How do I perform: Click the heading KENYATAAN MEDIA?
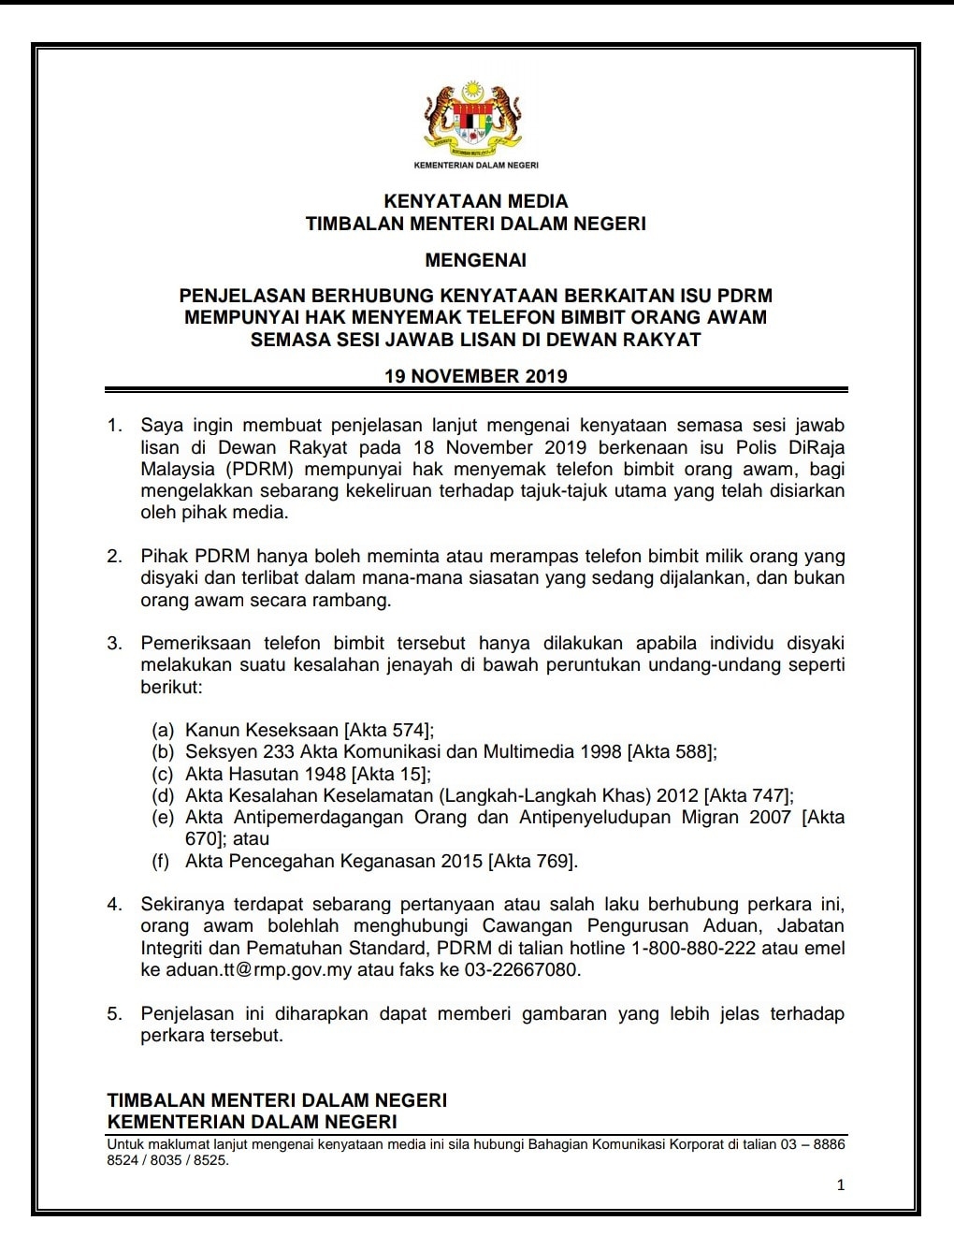point(476,201)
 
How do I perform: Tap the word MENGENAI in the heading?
point(476,259)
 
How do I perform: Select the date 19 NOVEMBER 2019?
point(476,376)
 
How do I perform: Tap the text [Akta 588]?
point(672,751)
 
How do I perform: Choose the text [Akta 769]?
point(532,861)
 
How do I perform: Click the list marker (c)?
point(163,774)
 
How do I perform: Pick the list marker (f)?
point(161,861)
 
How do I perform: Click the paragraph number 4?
point(114,905)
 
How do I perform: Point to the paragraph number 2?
point(114,556)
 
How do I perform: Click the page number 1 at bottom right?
point(840,1185)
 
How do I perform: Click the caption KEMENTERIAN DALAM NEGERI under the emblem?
point(475,166)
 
